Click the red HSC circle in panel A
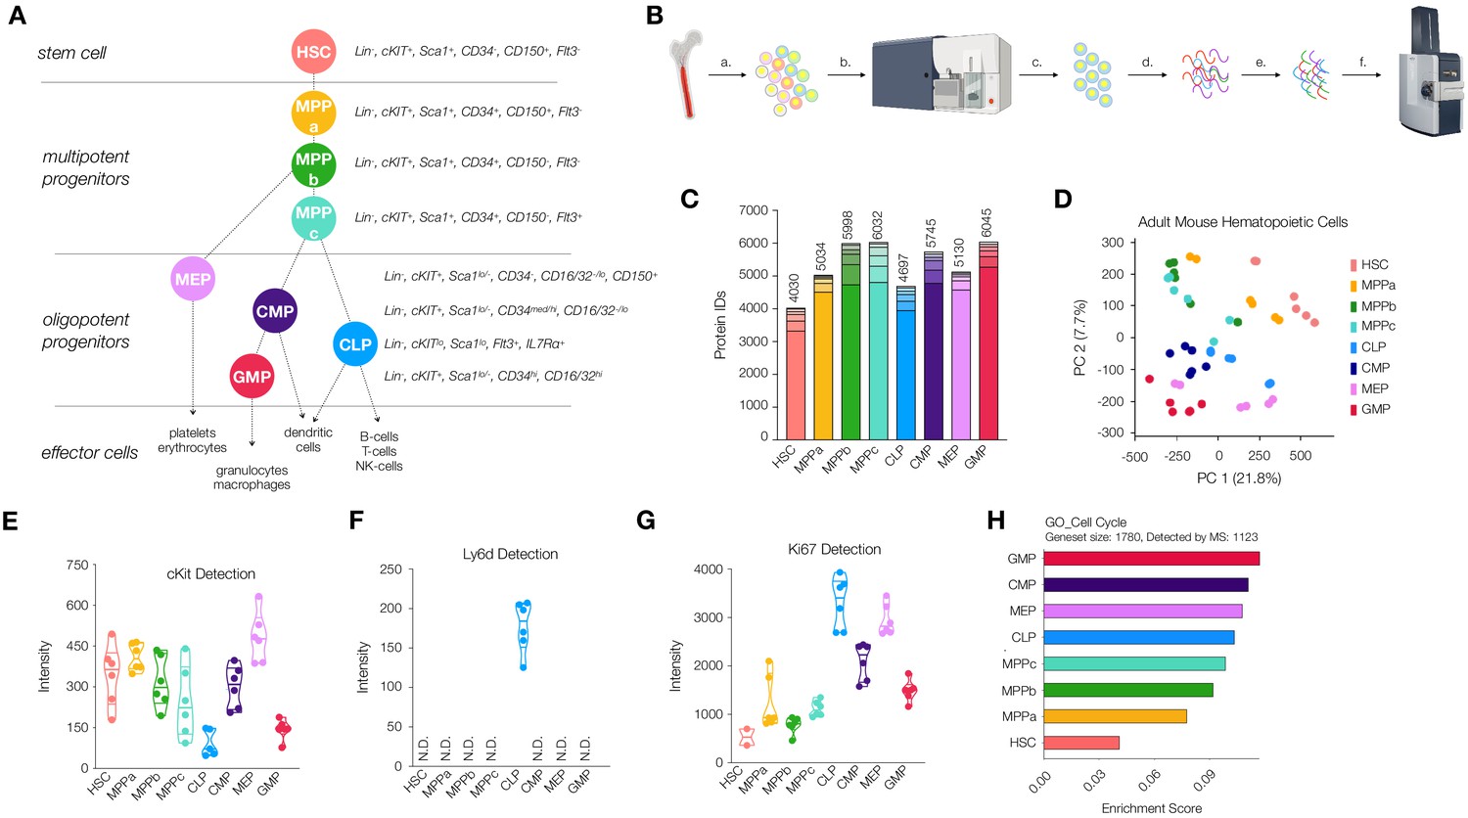click(x=313, y=52)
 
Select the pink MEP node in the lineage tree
click(x=193, y=280)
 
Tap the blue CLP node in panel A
click(x=354, y=344)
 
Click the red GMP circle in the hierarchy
click(x=252, y=377)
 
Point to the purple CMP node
click(x=275, y=311)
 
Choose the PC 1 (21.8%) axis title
click(x=1238, y=478)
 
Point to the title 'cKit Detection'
click(x=210, y=574)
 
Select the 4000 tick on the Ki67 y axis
click(x=708, y=569)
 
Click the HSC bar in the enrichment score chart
click(x=1080, y=743)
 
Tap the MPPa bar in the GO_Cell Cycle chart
click(x=1115, y=716)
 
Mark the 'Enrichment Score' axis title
click(x=1151, y=808)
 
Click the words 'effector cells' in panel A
click(x=89, y=453)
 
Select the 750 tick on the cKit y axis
click(x=77, y=566)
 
